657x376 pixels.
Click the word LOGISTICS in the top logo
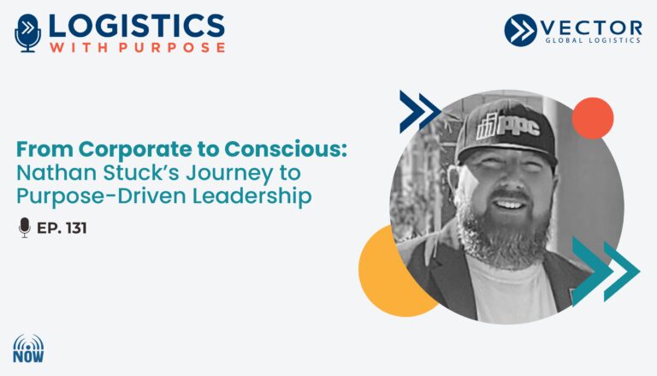click(137, 26)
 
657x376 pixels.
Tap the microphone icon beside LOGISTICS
click(27, 33)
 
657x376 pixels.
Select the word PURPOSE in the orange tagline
click(172, 47)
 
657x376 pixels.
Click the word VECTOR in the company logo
click(591, 28)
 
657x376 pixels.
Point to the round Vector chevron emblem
click(520, 30)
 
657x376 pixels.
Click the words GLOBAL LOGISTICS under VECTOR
click(593, 40)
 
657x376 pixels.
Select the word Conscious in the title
click(286, 148)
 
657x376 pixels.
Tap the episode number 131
click(76, 228)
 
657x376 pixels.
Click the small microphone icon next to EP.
click(25, 228)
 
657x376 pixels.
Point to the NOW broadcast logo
click(28, 349)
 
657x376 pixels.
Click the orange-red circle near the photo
click(593, 118)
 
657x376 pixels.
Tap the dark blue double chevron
click(419, 111)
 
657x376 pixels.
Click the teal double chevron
click(605, 272)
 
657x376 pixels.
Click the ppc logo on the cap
click(508, 126)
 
